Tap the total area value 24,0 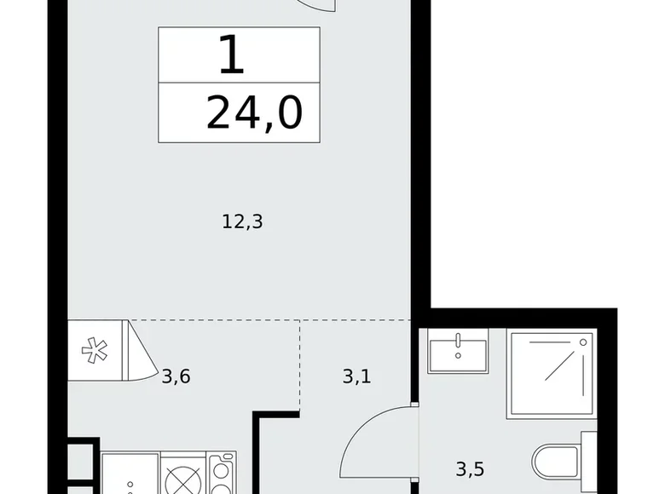(254, 112)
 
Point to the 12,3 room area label (241, 223)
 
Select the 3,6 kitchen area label (176, 375)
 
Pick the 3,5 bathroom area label (471, 468)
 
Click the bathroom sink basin (458, 354)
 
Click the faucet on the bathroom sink (459, 340)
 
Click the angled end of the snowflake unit (137, 350)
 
